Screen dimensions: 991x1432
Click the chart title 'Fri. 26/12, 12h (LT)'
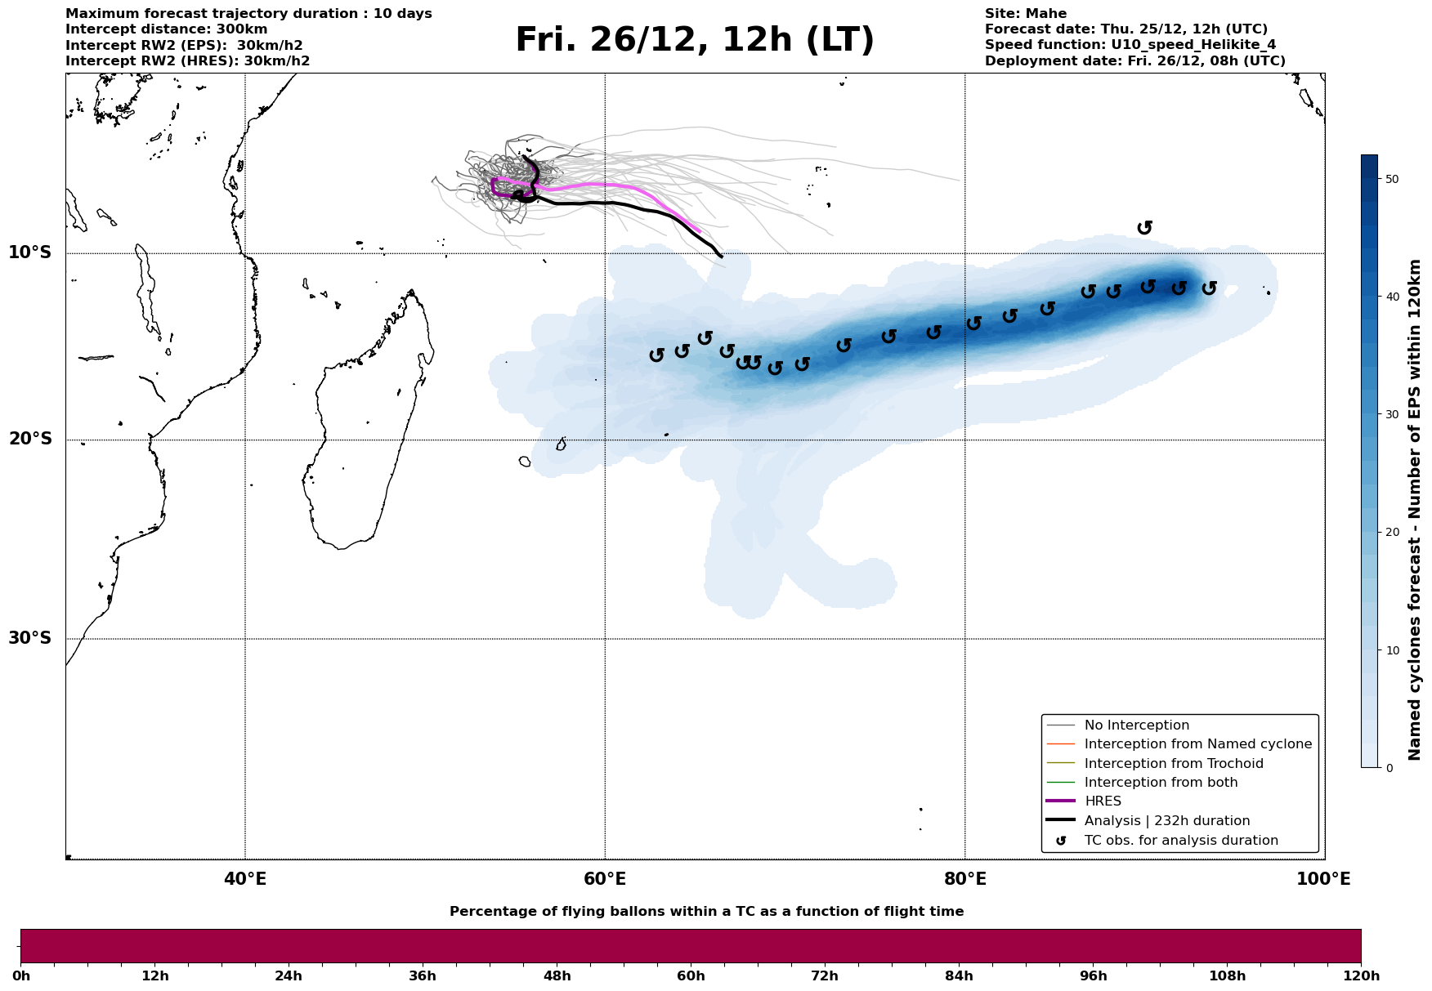pos(695,40)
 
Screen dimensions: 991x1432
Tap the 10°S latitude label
pos(30,252)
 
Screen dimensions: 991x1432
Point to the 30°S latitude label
pos(30,638)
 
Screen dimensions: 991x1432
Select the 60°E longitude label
pos(605,880)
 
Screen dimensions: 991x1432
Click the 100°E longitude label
pos(1323,880)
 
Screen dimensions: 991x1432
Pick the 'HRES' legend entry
pos(1103,801)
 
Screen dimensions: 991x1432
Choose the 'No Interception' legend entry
pos(1136,725)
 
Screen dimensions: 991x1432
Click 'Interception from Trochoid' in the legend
pos(1173,764)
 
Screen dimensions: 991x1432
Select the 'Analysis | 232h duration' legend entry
pos(1166,821)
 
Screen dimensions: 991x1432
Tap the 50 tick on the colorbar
pos(1389,179)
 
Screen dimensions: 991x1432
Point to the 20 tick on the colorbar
pos(1389,532)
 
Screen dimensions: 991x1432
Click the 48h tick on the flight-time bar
pos(557,975)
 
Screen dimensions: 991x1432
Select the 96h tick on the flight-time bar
pos(1094,975)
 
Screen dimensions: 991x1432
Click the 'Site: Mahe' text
pos(1025,14)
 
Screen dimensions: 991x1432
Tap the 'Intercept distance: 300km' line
pos(166,29)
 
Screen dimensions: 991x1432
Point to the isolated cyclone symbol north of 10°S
pos(1144,228)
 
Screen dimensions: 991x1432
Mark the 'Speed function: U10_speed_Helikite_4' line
pos(1130,45)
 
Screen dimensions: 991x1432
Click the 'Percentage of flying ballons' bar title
pos(706,912)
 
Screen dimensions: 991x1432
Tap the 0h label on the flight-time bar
pos(20,975)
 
